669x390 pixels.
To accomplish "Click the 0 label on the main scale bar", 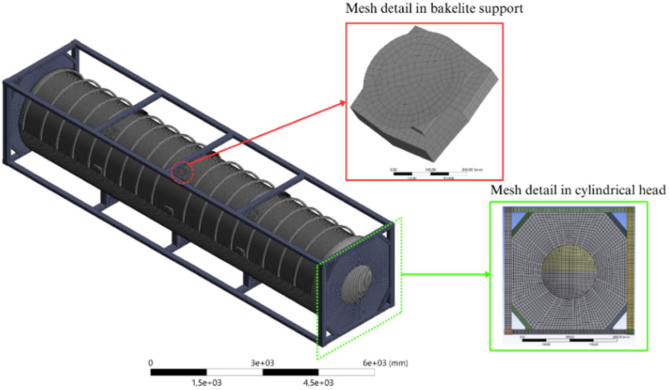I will [151, 363].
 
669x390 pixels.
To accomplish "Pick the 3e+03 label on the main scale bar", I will [262, 363].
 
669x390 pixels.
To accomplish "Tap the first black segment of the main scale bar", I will [178, 372].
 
